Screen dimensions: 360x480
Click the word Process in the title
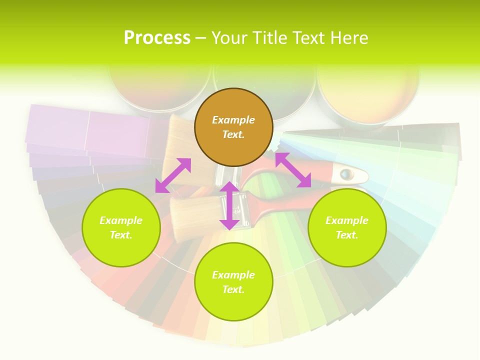point(157,37)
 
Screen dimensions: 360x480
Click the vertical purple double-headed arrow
point(229,205)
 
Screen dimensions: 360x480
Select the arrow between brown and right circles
point(293,170)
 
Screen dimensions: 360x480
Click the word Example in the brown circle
point(233,120)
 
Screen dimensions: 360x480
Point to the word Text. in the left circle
point(121,235)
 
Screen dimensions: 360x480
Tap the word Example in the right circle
point(347,220)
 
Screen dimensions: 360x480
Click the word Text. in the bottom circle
point(233,289)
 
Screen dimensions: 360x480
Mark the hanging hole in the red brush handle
point(346,174)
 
